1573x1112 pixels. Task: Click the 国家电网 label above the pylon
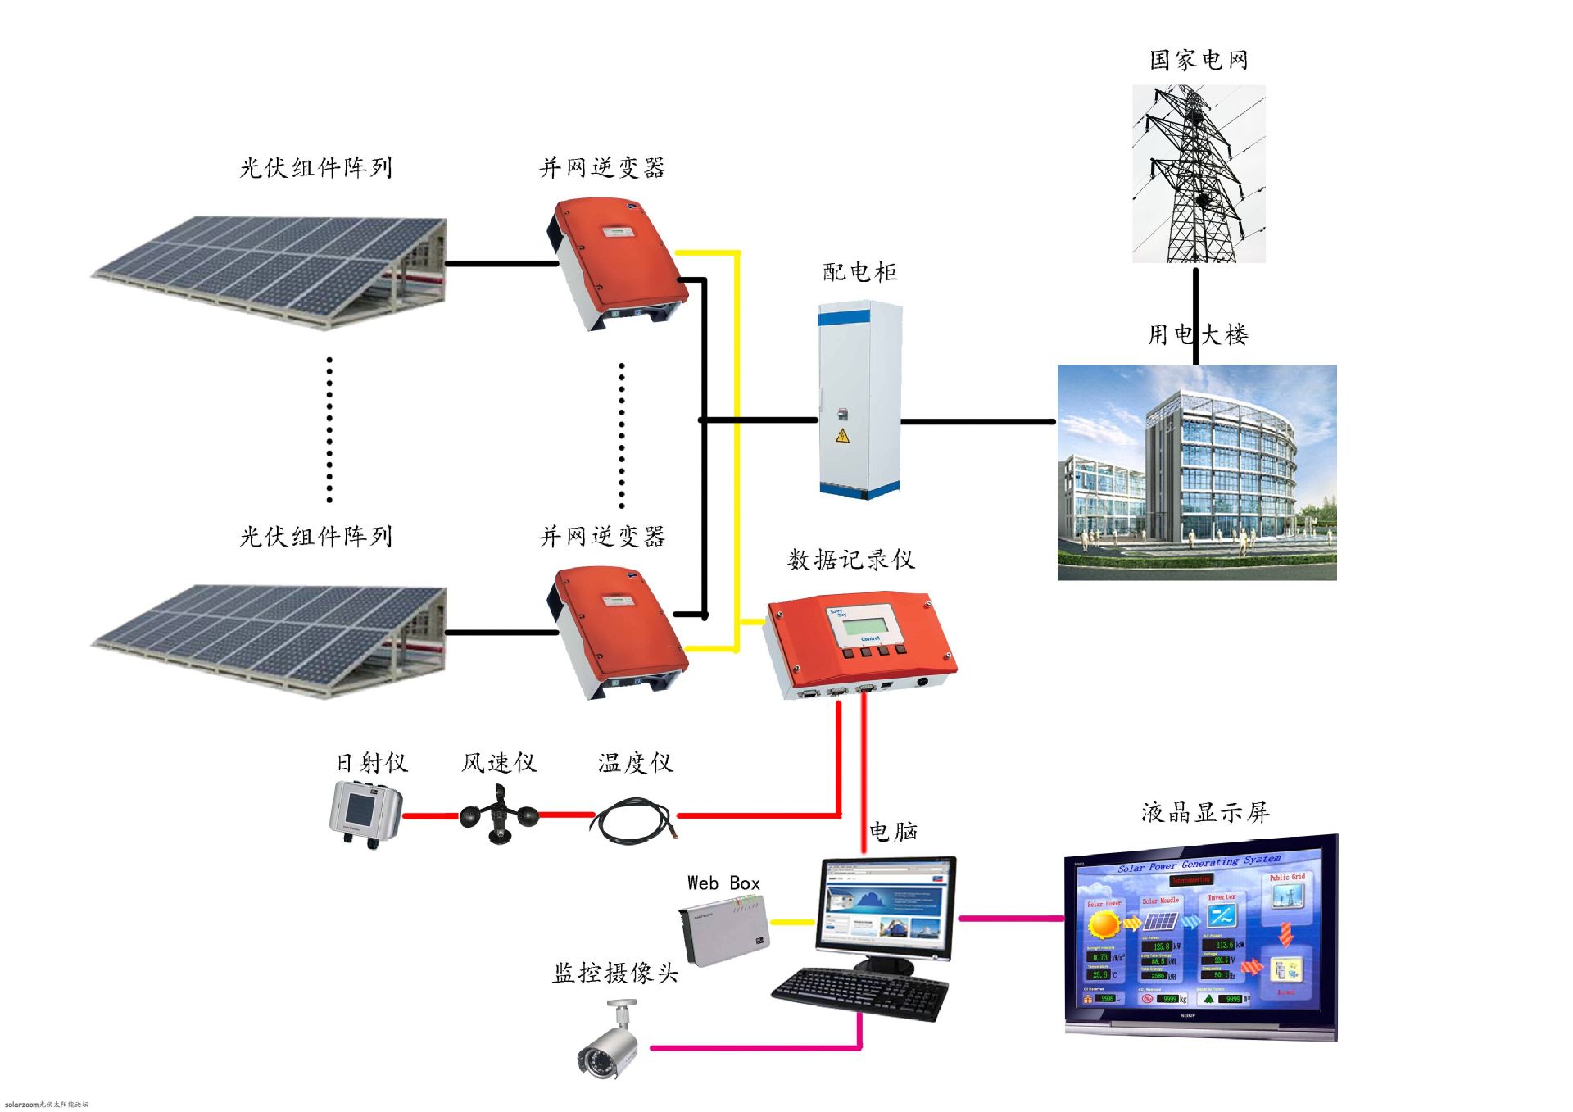[x=1198, y=60]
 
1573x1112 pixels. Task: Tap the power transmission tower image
[x=1198, y=174]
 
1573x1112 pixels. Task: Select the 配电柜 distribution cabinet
[x=859, y=399]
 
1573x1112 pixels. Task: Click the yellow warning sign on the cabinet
[x=842, y=435]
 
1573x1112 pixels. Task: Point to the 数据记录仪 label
[x=850, y=560]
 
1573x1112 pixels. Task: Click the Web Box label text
[x=723, y=883]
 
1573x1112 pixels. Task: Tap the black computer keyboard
[x=860, y=994]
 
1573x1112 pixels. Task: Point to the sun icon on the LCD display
[x=1104, y=924]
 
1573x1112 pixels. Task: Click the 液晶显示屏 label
[x=1204, y=813]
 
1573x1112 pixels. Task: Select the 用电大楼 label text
[x=1198, y=334]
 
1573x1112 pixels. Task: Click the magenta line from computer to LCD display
[x=1011, y=918]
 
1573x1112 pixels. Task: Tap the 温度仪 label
[x=635, y=763]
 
